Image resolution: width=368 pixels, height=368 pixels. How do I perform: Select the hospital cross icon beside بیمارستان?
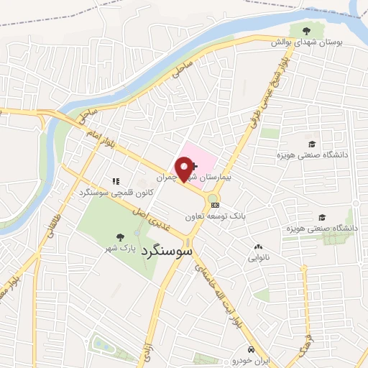(194, 166)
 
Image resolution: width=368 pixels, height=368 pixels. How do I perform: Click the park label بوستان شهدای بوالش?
(307, 43)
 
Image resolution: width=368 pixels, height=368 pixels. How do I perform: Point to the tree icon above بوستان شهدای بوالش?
(307, 31)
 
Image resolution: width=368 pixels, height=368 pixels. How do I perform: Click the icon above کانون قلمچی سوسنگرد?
(115, 181)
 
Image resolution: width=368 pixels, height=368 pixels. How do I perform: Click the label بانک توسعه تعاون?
(216, 216)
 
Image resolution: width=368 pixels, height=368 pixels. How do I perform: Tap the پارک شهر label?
(119, 247)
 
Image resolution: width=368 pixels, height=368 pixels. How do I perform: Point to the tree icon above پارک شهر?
(119, 235)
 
